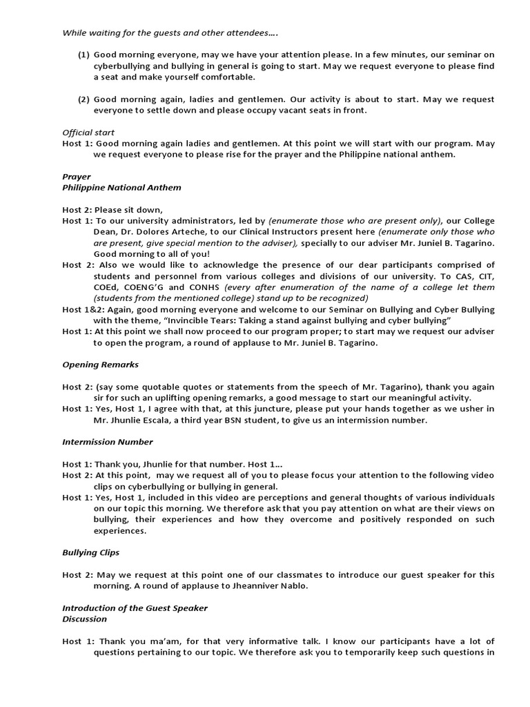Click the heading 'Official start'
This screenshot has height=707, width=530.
[x=88, y=133]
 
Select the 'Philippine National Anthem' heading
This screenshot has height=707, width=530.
[x=121, y=188]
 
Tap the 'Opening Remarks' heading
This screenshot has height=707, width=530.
[x=100, y=365]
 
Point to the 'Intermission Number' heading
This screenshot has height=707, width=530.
[x=108, y=442]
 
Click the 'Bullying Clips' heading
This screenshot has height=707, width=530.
[x=90, y=553]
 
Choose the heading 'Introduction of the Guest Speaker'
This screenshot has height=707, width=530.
[x=135, y=608]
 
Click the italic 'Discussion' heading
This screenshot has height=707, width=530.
[x=84, y=619]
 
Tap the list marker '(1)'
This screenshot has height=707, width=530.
[x=84, y=55]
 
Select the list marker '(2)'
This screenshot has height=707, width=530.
[x=84, y=99]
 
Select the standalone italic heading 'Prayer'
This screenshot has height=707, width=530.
[x=77, y=177]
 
